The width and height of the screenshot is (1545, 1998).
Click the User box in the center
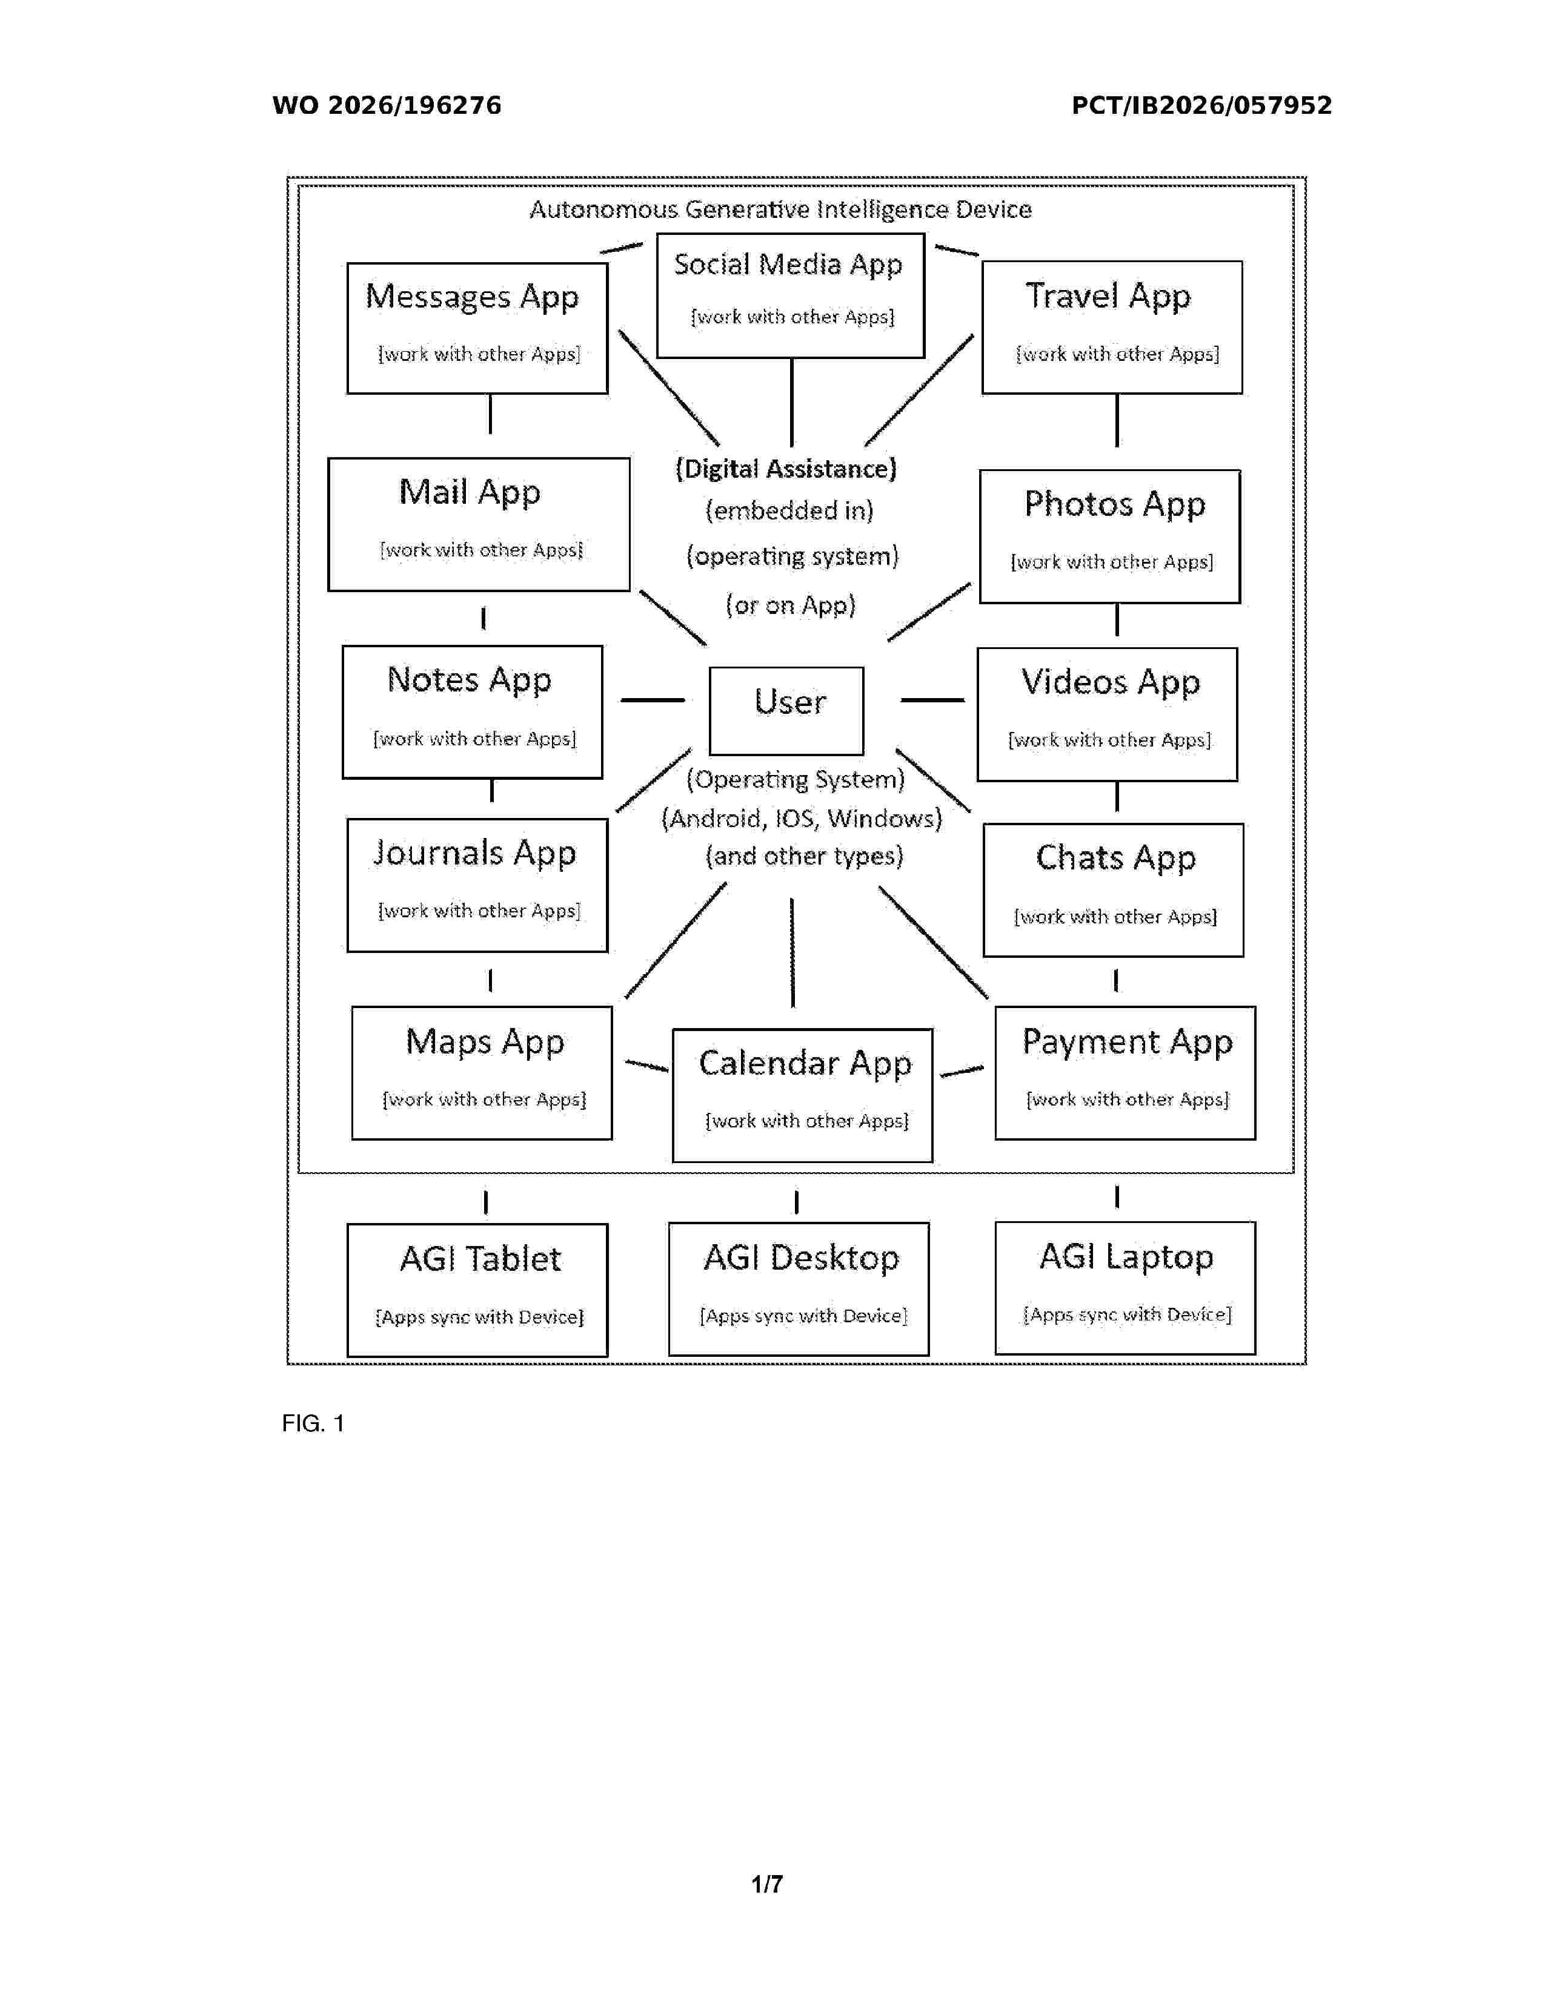point(786,711)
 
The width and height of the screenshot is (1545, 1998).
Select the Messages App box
point(477,328)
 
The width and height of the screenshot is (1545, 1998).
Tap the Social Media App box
point(791,295)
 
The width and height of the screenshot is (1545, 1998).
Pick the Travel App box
point(1112,328)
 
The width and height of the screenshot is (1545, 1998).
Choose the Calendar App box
point(803,1095)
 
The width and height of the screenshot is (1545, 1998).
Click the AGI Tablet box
point(477,1290)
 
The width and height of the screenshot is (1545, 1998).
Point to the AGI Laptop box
point(1125,1288)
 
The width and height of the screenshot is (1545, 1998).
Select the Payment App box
point(1125,1073)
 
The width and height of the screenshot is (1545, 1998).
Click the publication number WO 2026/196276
point(387,105)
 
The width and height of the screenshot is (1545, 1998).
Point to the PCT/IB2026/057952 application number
point(1202,105)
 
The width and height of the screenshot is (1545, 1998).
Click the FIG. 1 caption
point(313,1423)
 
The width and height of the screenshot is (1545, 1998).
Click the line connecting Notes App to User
point(653,700)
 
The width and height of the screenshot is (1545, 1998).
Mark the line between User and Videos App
point(932,700)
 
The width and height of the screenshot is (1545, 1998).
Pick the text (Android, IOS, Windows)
point(802,818)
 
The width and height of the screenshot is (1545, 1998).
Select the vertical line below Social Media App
point(792,403)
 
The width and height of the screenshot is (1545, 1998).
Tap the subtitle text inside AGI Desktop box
point(803,1316)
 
